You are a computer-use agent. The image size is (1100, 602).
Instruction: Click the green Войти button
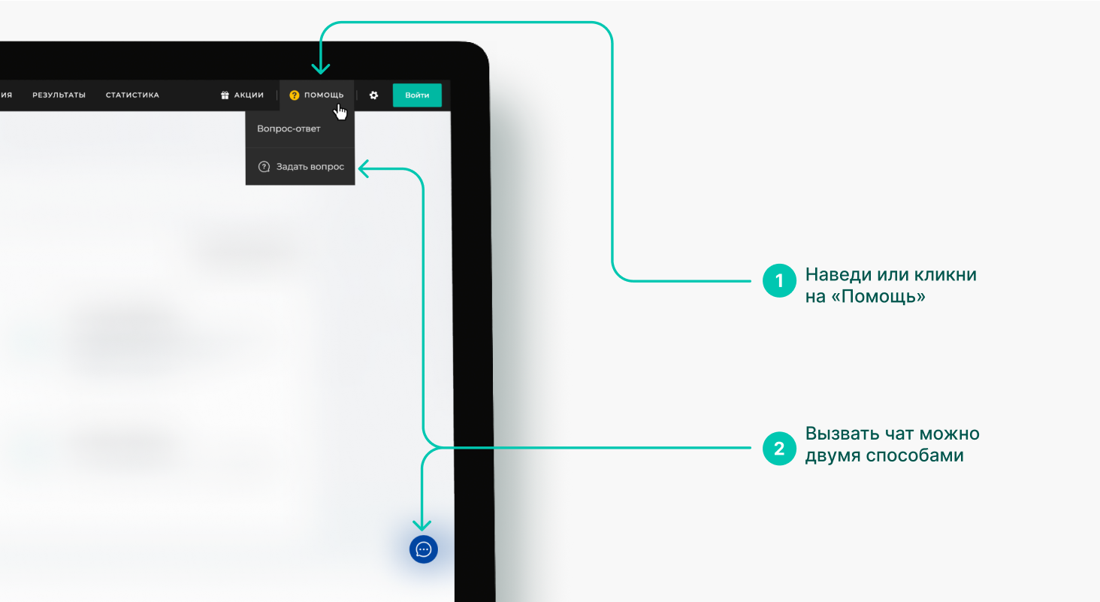(417, 95)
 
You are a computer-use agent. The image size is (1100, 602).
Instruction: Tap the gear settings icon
(373, 95)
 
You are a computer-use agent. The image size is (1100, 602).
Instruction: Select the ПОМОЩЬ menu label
(324, 95)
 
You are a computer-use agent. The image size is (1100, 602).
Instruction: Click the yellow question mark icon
(294, 95)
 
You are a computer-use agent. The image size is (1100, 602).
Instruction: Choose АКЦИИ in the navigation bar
(249, 95)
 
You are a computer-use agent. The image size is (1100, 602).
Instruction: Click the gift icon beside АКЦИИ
(225, 95)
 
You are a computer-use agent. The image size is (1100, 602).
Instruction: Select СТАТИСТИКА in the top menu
(132, 95)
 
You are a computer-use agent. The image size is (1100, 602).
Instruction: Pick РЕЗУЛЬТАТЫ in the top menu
(59, 95)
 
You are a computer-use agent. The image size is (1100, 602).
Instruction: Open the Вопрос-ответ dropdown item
(289, 129)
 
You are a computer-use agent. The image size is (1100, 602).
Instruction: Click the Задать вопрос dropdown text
(310, 167)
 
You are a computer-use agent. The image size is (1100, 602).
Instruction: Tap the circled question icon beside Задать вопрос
(264, 167)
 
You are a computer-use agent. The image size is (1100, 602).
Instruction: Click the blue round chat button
(423, 549)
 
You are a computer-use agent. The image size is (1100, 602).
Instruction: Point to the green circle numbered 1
(779, 281)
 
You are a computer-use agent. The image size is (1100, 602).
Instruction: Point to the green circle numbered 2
(779, 449)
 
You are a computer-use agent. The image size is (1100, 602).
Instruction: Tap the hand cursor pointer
(340, 112)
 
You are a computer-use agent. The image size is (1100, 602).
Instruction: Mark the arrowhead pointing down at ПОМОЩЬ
(320, 68)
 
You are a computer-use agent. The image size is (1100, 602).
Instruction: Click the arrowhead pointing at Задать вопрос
(364, 168)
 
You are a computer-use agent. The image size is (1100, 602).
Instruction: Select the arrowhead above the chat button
(422, 525)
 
